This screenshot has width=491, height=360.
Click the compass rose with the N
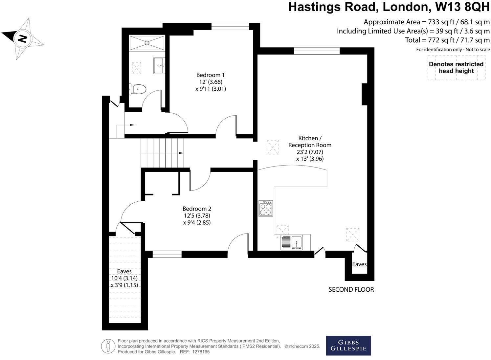22,39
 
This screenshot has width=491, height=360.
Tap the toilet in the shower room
138,89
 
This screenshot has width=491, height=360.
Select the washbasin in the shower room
159,65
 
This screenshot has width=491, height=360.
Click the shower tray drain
147,43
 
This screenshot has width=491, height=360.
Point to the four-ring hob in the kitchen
265,208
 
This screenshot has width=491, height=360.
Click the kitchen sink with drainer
291,243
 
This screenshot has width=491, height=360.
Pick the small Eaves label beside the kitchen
359,264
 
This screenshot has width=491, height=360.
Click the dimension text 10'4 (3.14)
124,278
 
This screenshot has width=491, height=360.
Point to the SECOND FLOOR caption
351,289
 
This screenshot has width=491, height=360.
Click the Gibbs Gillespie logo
348,346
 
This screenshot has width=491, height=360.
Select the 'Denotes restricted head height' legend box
456,68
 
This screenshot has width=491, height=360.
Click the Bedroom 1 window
230,27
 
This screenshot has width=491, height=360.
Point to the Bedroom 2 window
167,254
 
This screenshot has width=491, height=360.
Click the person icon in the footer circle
108,346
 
